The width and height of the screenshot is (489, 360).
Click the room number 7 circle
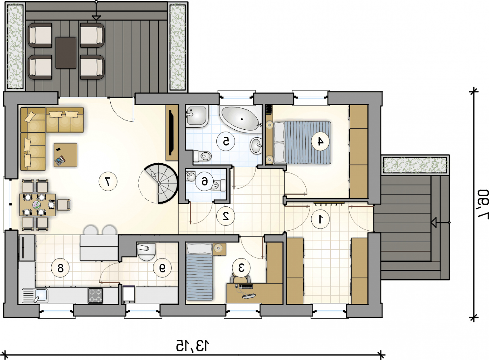coord(108,181)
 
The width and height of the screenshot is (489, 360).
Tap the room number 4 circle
coord(320,141)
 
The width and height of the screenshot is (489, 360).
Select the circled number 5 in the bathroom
coord(226,141)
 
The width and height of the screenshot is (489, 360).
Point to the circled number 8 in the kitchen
coord(60,268)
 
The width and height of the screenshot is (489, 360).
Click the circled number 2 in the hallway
coord(226,216)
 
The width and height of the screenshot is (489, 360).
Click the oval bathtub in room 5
coord(241,119)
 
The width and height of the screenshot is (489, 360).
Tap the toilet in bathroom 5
coord(202,156)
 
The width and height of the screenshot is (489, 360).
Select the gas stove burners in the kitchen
coord(95,295)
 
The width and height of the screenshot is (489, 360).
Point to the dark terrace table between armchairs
coord(66,53)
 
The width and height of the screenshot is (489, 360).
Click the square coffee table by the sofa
coord(65,155)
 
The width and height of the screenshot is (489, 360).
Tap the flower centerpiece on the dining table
coord(36,205)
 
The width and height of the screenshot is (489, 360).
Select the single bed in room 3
coord(199,272)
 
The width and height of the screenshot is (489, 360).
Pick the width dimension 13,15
coord(193,345)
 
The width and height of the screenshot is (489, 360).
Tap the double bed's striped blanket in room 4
coord(308,143)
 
